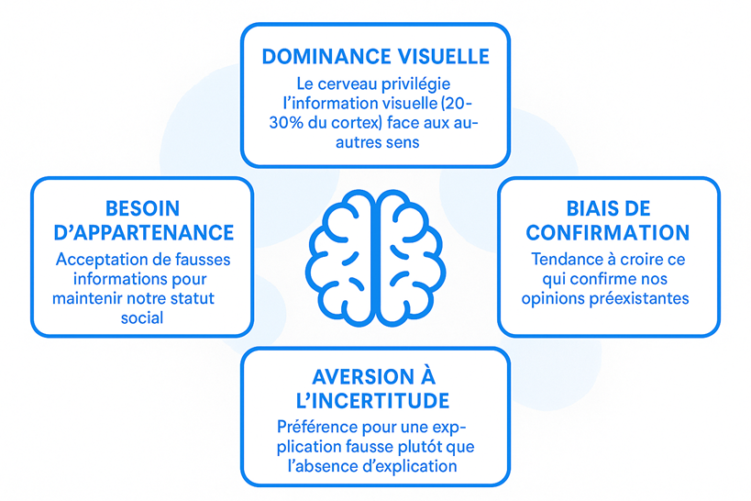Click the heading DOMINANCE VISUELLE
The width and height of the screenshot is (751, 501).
pos(375,57)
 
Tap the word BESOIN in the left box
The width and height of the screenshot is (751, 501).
pos(142,208)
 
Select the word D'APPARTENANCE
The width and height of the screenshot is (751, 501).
pos(142,232)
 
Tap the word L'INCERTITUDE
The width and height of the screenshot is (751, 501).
pos(375,401)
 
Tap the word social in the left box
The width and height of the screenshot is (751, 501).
pos(142,317)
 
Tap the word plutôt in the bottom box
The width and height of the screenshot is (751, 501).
pos(422,446)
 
